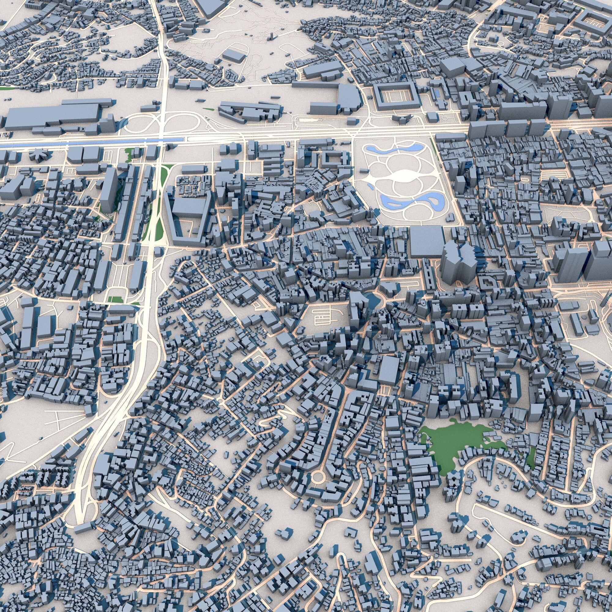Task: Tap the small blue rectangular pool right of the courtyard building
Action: (x=437, y=93)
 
